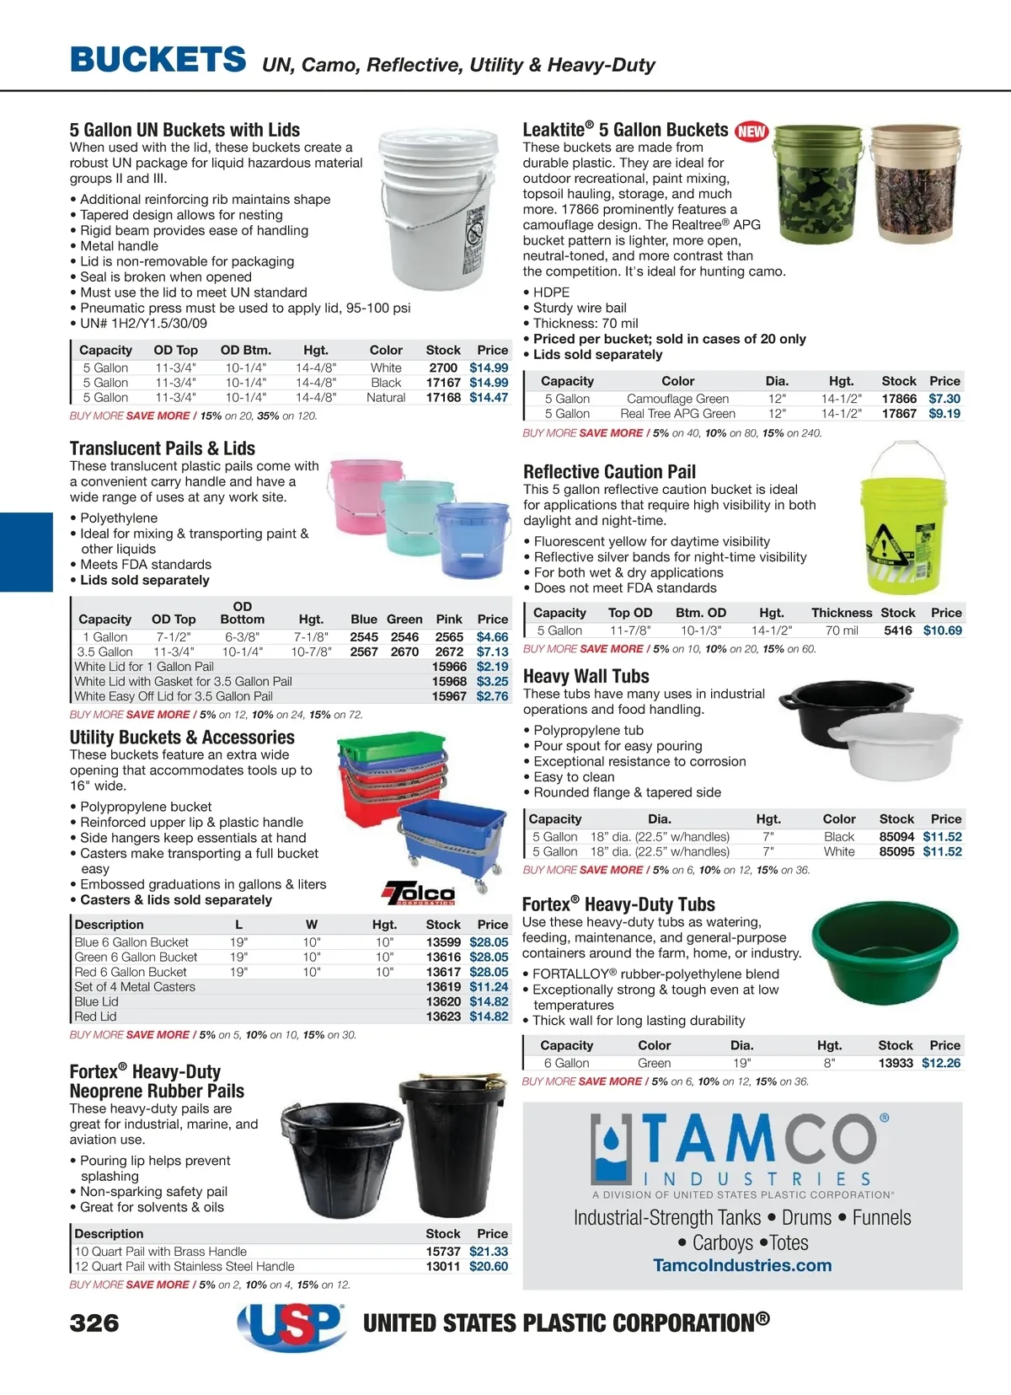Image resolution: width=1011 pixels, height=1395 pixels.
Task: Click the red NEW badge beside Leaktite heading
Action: pos(752,131)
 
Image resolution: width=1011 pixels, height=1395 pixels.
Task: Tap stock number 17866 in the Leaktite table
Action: pos(899,399)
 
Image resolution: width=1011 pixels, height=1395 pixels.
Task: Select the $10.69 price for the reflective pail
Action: pos(942,630)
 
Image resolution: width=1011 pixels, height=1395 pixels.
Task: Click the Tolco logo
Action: pos(420,893)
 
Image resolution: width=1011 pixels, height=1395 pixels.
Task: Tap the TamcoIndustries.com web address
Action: pos(742,1265)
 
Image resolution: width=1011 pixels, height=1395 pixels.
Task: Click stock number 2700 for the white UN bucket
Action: pos(443,368)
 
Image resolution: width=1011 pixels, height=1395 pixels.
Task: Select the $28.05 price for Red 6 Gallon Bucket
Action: pos(489,972)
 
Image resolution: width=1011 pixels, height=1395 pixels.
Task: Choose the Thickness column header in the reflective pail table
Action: pos(841,613)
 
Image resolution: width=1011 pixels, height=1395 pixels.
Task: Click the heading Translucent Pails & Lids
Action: pos(163,448)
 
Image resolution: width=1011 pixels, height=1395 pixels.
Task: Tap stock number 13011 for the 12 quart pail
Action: pos(443,1266)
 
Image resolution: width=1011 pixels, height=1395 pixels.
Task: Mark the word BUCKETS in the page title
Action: pos(158,60)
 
